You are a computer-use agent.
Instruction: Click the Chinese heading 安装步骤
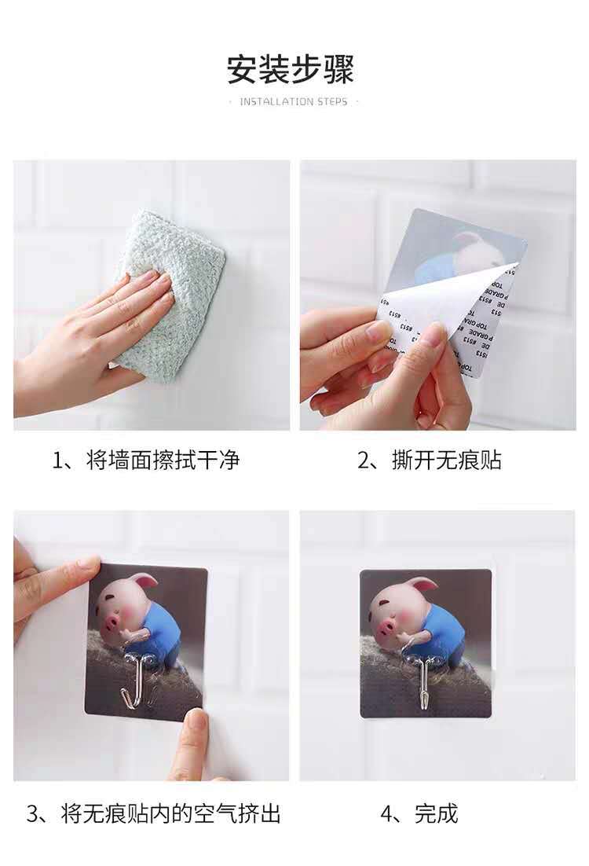[x=291, y=69]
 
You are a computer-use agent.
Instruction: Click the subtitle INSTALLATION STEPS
[x=293, y=102]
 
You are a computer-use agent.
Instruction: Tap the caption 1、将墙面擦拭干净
[x=145, y=460]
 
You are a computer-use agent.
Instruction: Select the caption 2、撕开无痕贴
[x=430, y=460]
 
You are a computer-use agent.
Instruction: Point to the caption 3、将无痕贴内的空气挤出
[x=154, y=813]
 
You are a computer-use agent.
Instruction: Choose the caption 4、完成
[x=419, y=813]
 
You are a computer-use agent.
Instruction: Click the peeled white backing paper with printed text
[x=448, y=322]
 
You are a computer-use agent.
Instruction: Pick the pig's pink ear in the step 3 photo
[x=145, y=582]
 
